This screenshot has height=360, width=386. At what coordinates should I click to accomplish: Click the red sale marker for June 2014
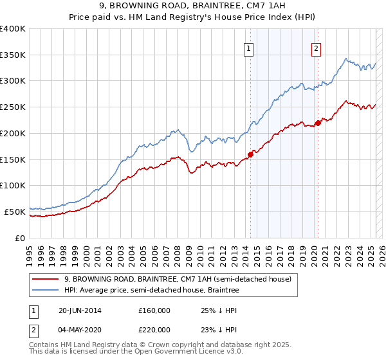coord(251,154)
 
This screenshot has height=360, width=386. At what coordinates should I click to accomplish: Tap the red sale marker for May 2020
coord(318,123)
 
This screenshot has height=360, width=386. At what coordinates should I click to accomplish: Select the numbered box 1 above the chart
coord(248,47)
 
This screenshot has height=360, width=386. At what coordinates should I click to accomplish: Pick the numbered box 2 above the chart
coord(317,47)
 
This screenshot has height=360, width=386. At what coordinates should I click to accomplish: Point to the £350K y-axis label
coord(13,55)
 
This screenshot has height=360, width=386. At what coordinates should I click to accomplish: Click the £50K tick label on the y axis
coord(15,212)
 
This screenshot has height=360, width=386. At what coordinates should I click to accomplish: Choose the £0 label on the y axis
coord(21,238)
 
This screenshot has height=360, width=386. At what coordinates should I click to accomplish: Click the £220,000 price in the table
coord(154,330)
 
